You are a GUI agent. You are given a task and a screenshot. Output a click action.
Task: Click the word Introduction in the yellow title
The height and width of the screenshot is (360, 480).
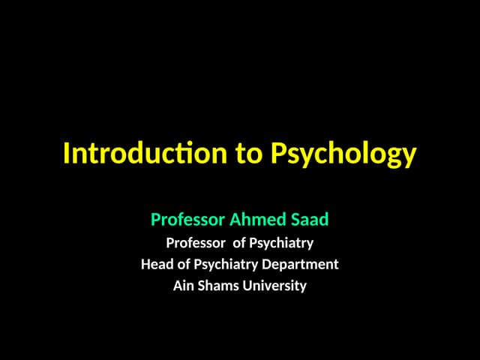click(145, 154)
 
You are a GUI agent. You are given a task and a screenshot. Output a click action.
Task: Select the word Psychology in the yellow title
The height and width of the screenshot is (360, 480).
click(342, 155)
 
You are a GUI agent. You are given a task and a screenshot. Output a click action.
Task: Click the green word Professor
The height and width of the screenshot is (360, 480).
click(187, 220)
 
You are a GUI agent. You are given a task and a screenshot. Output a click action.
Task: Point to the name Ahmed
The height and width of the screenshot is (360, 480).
click(255, 220)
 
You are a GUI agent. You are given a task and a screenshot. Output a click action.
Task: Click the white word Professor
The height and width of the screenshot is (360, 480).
click(195, 243)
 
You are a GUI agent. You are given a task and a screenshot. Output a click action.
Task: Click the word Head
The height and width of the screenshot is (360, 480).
click(155, 264)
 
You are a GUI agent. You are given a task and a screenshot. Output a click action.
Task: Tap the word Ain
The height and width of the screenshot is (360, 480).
click(184, 286)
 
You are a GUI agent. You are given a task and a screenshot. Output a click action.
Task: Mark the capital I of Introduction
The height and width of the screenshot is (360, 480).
click(67, 154)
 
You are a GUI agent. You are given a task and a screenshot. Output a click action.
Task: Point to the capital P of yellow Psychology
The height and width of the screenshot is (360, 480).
click(276, 154)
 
